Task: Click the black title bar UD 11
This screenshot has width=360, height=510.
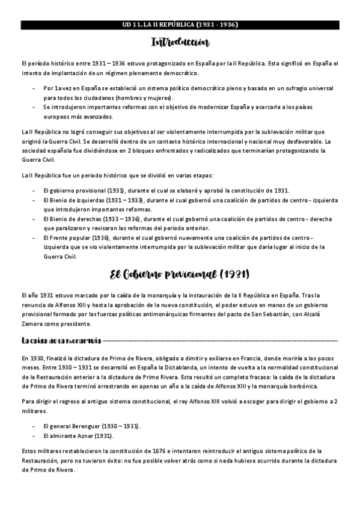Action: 180,25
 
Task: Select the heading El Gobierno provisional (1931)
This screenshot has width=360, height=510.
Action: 180,275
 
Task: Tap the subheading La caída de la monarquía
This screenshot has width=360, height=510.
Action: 61,341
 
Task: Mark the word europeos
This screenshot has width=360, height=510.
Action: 59,116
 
